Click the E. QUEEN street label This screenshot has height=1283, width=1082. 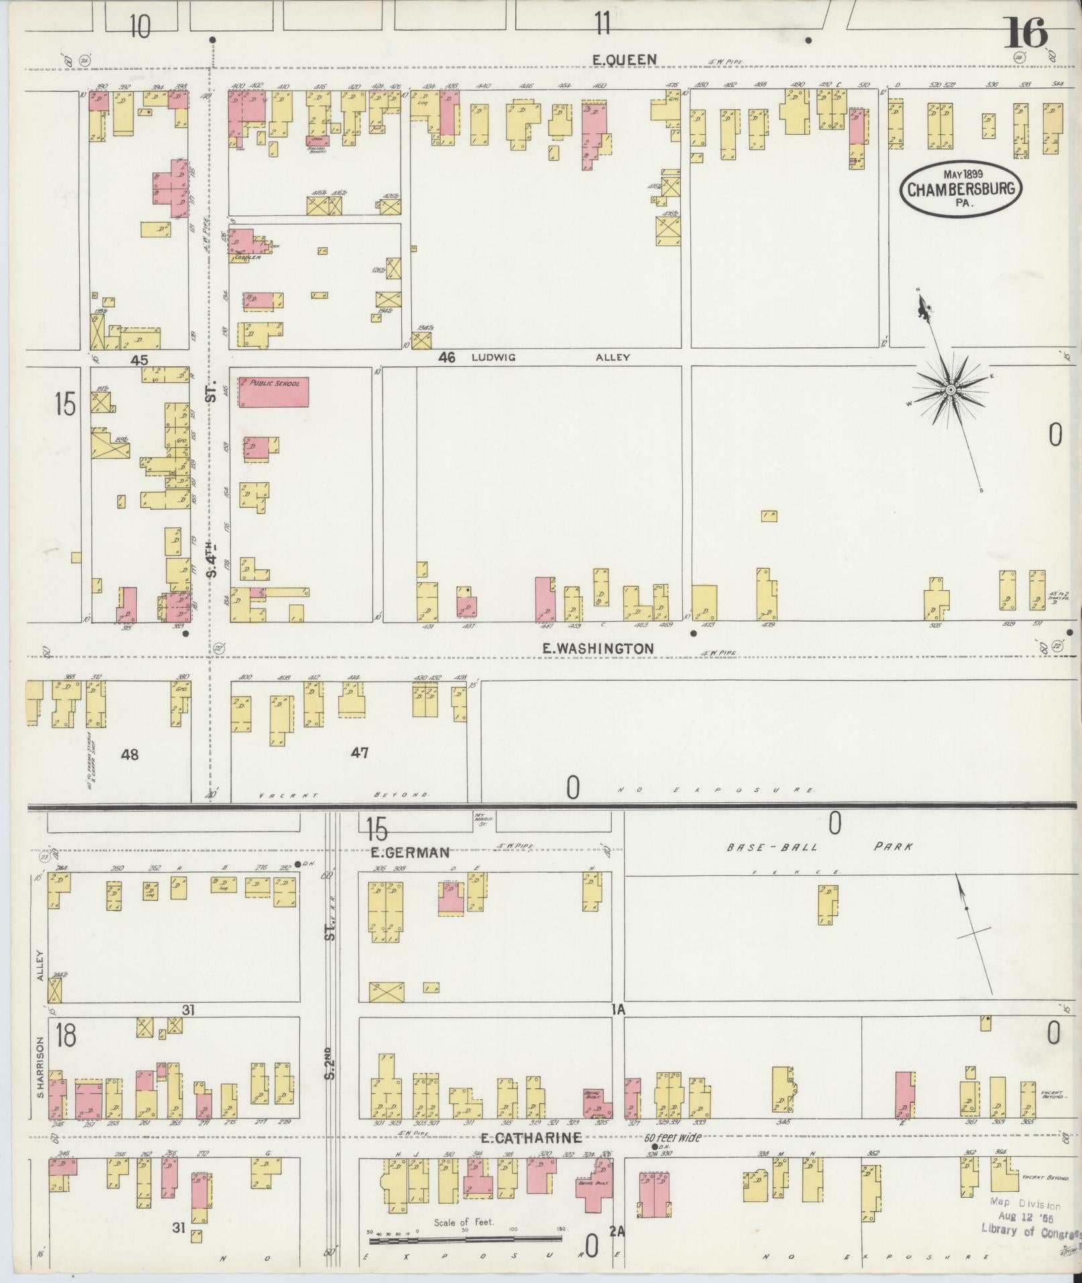pyautogui.click(x=624, y=60)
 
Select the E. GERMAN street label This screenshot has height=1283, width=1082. pyautogui.click(x=409, y=852)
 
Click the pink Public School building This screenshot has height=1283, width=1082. pyautogui.click(x=274, y=392)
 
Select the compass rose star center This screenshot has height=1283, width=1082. pyautogui.click(x=951, y=390)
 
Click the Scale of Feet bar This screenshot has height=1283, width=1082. pyautogui.click(x=466, y=1241)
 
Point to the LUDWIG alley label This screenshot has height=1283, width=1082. pyautogui.click(x=493, y=357)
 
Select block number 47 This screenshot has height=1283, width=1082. pyautogui.click(x=360, y=753)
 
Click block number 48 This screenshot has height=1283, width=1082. pyautogui.click(x=129, y=755)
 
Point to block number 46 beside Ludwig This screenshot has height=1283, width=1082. pyautogui.click(x=447, y=357)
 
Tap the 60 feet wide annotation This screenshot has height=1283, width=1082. pyautogui.click(x=673, y=1137)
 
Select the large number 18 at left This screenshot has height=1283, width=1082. pyautogui.click(x=66, y=1035)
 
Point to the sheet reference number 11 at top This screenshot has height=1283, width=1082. pyautogui.click(x=602, y=24)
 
